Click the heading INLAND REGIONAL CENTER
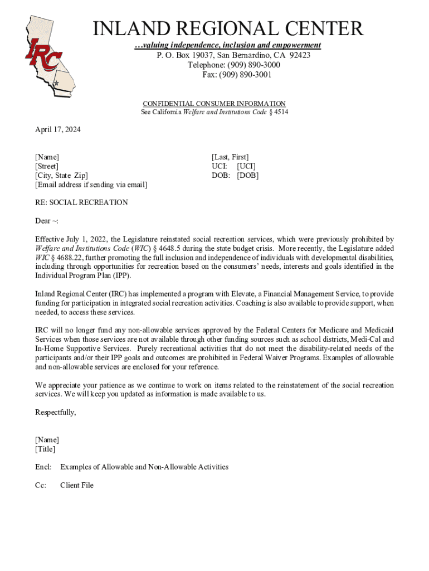(228, 28)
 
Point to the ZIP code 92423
(299, 55)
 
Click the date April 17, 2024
(58, 130)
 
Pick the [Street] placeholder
(47, 166)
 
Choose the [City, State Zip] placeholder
(61, 175)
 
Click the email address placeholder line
(91, 185)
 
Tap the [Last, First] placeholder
(230, 157)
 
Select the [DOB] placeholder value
(247, 175)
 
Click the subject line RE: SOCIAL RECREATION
(81, 202)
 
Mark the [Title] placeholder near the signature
(45, 449)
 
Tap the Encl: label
(43, 467)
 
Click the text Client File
(77, 485)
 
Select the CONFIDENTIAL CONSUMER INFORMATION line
(214, 104)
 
